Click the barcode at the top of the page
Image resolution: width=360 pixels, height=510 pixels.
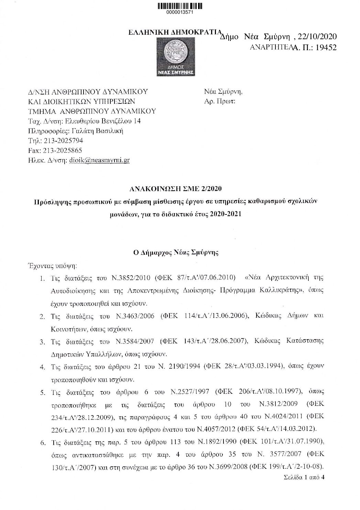(180, 5)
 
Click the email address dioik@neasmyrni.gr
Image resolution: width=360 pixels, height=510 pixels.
(99, 160)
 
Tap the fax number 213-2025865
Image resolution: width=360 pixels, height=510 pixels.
(62, 151)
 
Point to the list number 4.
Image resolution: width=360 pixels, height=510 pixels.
(43, 367)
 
